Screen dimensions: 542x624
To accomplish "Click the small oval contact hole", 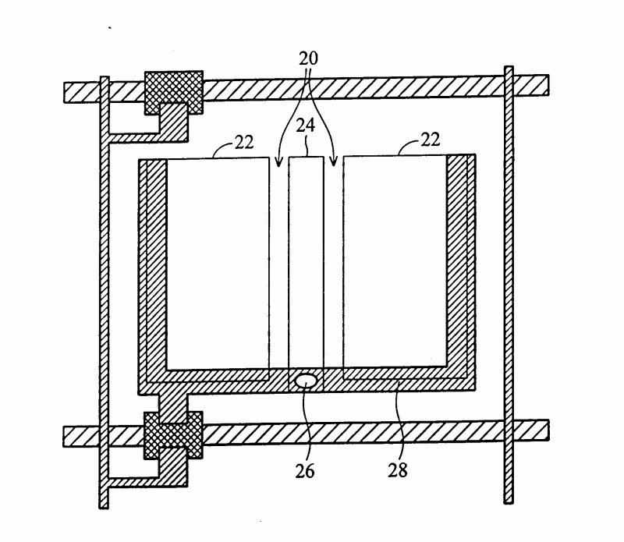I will [306, 381].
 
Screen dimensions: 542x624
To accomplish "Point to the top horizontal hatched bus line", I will [351, 87].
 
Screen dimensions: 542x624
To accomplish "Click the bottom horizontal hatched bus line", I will [351, 432].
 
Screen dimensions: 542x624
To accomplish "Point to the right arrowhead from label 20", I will [334, 163].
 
